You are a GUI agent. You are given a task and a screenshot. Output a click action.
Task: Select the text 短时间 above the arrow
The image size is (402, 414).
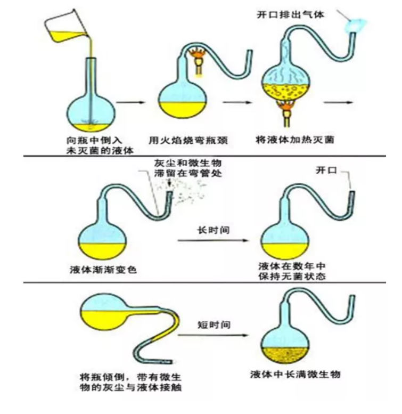pyautogui.click(x=214, y=324)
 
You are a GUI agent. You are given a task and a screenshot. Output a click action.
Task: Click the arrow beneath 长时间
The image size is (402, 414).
pyautogui.click(x=213, y=241)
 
